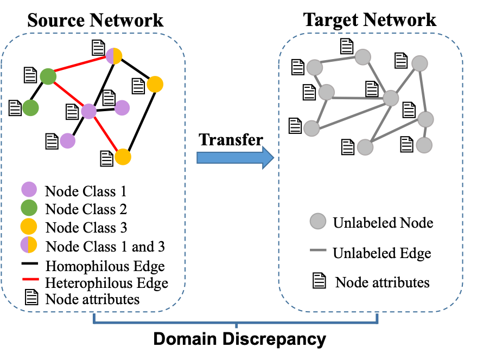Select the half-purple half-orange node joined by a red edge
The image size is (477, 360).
[x=114, y=56]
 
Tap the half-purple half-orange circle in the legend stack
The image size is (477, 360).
[x=29, y=245]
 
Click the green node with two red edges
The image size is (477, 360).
[x=48, y=76]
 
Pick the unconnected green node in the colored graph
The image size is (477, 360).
[x=30, y=108]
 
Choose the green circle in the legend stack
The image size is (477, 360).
[x=29, y=208]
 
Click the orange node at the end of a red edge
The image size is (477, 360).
[x=123, y=157]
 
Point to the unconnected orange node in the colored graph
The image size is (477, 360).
[x=155, y=84]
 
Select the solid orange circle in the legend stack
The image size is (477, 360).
[x=29, y=226]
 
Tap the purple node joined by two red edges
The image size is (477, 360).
[x=88, y=111]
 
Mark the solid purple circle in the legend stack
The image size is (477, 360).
[x=29, y=189]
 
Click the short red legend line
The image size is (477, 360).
[x=30, y=279]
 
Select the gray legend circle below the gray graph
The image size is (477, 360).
[x=318, y=221]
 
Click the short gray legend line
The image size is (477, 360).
[x=318, y=250]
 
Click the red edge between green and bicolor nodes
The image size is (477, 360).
[x=80, y=66]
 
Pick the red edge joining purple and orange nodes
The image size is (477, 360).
[x=106, y=134]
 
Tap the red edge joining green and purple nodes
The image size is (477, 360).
[x=68, y=94]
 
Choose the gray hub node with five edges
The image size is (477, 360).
[x=391, y=98]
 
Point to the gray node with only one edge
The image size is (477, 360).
[x=424, y=145]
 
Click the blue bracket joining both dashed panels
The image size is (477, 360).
[x=236, y=322]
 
